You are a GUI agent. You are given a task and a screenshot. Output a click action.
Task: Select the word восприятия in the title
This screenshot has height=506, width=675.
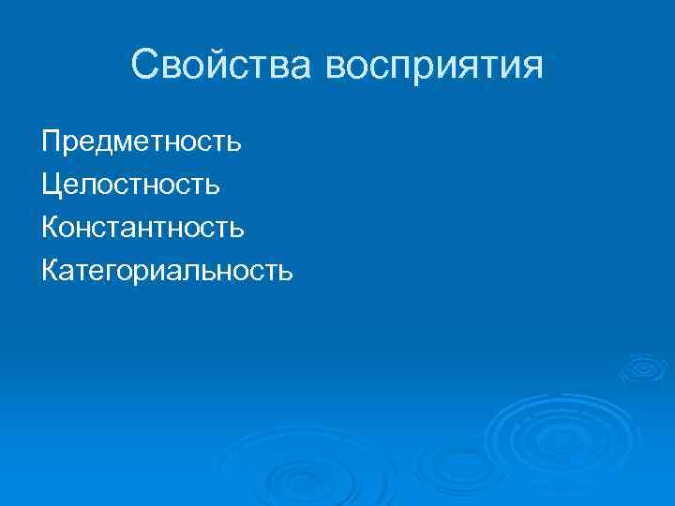(x=434, y=67)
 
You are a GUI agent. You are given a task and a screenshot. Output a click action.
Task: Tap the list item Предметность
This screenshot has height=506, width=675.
(x=142, y=142)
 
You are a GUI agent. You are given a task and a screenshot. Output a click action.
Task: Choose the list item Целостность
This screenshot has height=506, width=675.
(x=131, y=185)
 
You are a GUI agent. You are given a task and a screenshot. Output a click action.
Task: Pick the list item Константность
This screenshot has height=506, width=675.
(x=143, y=228)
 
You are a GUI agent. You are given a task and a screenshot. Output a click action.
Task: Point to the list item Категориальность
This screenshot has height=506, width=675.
(x=167, y=272)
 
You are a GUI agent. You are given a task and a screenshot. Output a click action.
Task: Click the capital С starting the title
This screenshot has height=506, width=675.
(x=146, y=66)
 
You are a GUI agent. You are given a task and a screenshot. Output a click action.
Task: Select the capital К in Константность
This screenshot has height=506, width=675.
(x=51, y=228)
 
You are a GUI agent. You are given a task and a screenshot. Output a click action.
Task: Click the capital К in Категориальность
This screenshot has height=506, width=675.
(x=51, y=271)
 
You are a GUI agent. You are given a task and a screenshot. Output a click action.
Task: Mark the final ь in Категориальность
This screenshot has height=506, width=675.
(x=286, y=272)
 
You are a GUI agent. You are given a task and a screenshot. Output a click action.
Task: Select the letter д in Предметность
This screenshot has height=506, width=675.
(x=109, y=144)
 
